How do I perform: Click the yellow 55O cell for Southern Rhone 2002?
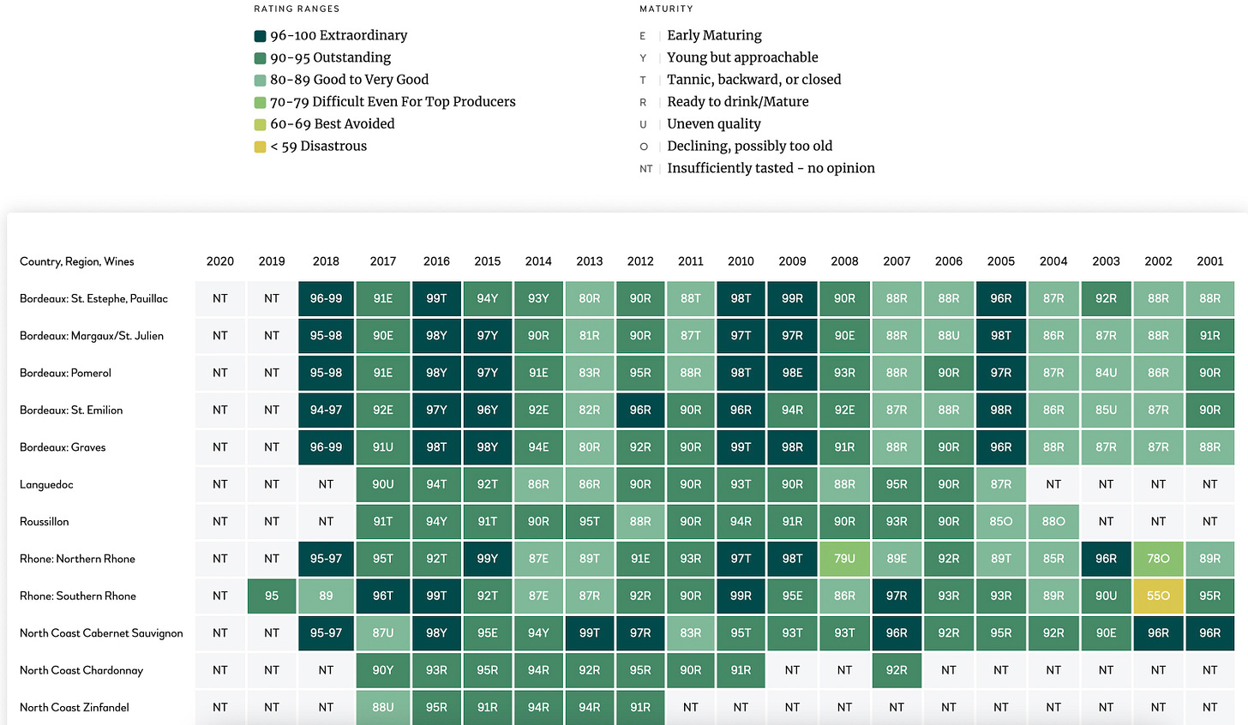1158,596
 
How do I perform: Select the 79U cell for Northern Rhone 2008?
844,559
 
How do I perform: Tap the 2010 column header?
741,261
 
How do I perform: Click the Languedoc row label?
46,485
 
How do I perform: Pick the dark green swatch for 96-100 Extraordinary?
260,36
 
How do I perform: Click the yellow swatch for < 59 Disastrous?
260,147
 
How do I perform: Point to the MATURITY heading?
666,9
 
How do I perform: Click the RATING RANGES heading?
297,9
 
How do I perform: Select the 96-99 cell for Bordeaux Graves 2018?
326,447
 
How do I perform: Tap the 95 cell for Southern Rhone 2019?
272,596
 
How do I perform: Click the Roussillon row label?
45,522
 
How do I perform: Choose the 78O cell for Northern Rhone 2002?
1158,559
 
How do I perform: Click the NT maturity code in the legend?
645,169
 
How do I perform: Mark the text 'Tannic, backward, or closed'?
753,80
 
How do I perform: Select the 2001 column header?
1209,261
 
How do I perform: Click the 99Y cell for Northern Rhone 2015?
487,559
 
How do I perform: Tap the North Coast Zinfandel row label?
75,708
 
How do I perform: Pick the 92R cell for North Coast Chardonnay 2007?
897,670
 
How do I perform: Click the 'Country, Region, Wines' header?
77,261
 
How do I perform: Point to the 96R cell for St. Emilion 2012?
640,410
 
